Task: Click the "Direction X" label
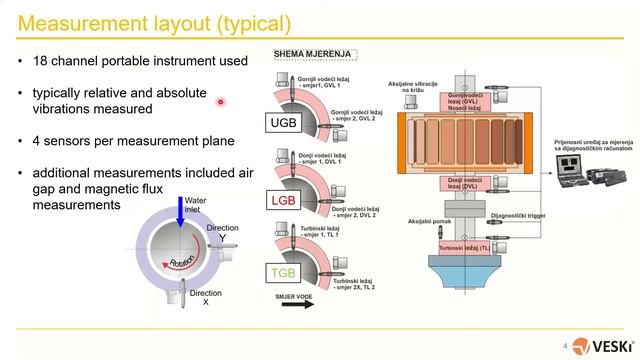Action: pos(205,297)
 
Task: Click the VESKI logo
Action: pos(602,345)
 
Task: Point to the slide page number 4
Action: pos(566,345)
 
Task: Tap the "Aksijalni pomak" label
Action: pos(406,218)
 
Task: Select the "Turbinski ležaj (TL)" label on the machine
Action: pos(469,244)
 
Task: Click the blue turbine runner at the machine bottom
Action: pos(469,274)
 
